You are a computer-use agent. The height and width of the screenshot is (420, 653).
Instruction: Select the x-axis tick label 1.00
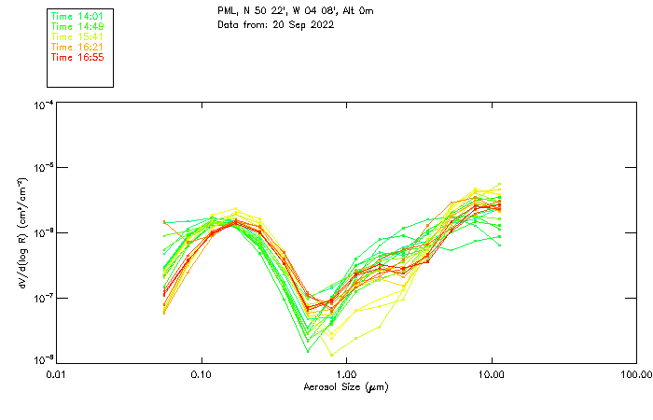[x=346, y=374]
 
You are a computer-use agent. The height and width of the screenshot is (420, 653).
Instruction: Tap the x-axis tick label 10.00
[x=491, y=374]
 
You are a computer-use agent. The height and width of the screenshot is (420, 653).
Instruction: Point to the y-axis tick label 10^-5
[x=42, y=169]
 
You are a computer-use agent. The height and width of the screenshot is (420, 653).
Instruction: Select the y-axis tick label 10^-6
[x=42, y=233]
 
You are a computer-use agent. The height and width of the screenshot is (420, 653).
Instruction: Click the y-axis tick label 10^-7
[x=42, y=298]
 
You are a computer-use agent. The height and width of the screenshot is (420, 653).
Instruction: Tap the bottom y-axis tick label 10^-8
[x=42, y=360]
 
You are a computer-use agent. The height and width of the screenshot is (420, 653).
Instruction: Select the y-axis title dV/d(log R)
[x=22, y=233]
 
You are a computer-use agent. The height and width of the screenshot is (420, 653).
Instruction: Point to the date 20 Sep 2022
[x=301, y=24]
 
